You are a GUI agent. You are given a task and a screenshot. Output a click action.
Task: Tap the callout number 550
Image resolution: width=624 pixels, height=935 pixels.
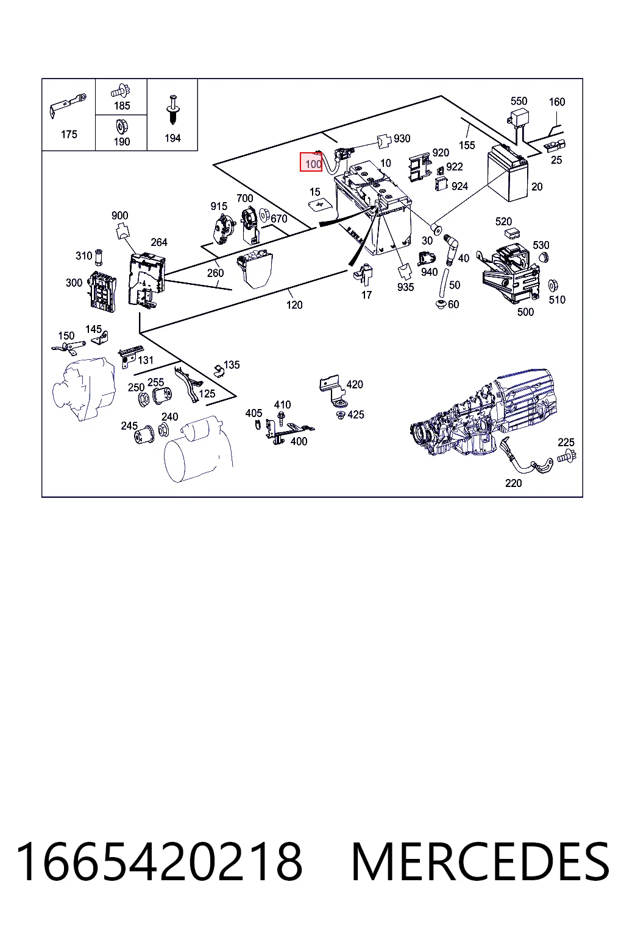point(519,101)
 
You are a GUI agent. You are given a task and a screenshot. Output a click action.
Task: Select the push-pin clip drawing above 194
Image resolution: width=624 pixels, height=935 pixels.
point(172,110)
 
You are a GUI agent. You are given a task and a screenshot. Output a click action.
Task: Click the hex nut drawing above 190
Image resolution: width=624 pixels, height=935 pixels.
point(122,126)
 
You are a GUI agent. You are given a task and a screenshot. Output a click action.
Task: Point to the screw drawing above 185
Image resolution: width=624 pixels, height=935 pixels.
point(121,91)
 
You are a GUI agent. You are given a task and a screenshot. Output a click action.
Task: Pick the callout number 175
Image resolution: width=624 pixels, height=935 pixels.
point(69,135)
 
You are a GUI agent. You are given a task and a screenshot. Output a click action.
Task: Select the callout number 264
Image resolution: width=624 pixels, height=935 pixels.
point(159,242)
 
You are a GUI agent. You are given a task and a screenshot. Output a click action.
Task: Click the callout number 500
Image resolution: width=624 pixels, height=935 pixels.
point(525,312)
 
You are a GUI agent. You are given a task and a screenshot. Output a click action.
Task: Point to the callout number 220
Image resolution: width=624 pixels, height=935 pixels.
point(513,483)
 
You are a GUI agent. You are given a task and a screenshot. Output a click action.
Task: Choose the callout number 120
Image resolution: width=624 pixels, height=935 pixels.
point(294,305)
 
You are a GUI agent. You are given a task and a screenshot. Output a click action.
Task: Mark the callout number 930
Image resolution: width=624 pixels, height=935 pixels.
point(402,139)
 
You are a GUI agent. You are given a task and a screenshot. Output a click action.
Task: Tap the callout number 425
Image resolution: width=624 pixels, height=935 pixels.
point(356,415)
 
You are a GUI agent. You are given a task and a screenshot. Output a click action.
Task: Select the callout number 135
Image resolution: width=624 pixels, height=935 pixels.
point(232,365)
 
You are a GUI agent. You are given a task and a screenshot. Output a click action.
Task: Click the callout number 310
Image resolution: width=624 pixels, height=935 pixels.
point(83,256)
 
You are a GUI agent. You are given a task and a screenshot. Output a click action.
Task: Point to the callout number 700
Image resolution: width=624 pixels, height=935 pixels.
point(244,198)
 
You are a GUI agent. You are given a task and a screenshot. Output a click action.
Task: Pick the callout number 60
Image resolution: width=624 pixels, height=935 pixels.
point(453,304)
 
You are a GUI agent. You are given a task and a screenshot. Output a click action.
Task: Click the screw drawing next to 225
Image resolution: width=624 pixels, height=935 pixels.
point(567,457)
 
